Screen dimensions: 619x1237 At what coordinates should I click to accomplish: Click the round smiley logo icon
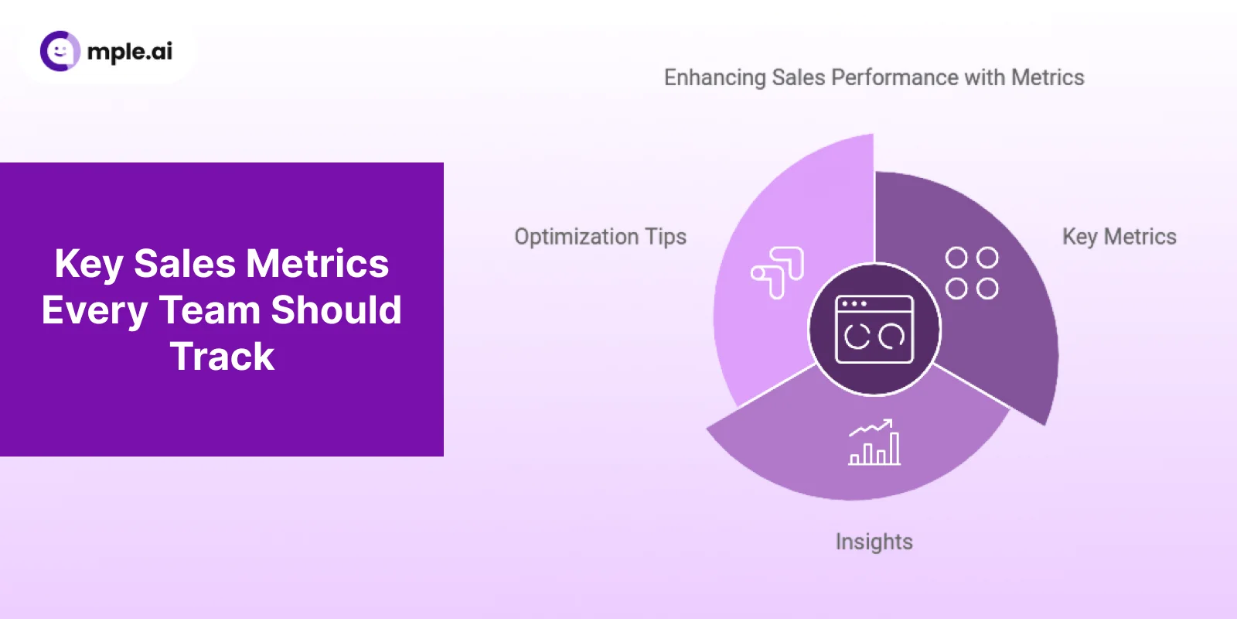(x=60, y=51)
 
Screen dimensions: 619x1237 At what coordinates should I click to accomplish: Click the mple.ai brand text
(x=130, y=52)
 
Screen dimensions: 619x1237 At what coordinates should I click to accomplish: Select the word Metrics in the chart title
(x=1048, y=77)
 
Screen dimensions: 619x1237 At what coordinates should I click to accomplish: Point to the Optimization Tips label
(x=600, y=237)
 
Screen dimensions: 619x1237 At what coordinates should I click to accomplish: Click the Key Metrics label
(x=1119, y=237)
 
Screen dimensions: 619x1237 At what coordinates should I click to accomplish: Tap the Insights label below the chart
(x=874, y=542)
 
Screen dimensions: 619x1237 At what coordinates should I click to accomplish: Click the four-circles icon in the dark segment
(x=972, y=273)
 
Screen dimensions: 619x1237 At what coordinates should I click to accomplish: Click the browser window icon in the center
(x=874, y=330)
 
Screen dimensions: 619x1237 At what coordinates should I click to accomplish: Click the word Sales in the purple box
(x=184, y=264)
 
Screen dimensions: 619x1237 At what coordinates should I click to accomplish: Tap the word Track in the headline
(x=222, y=357)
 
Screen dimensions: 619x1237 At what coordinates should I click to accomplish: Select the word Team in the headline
(x=210, y=310)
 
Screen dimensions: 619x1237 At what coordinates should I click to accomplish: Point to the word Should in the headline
(x=336, y=310)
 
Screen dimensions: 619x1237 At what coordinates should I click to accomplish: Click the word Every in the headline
(x=94, y=311)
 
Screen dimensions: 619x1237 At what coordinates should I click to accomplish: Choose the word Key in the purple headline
(x=89, y=265)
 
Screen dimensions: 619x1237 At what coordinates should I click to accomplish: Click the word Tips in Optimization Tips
(x=666, y=237)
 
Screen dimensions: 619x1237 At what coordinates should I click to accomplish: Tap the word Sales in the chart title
(x=799, y=77)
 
